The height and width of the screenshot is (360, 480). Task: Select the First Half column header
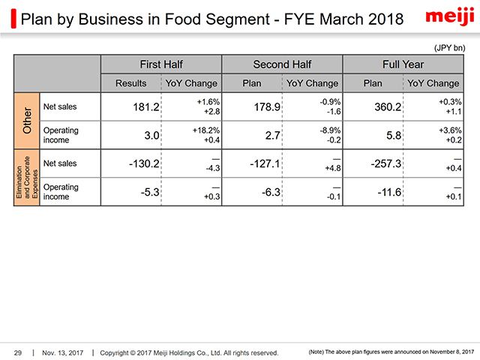(x=161, y=64)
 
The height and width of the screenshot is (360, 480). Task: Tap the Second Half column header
(x=282, y=64)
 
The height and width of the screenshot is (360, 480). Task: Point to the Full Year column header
(x=402, y=64)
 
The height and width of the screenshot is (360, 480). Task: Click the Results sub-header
(x=131, y=83)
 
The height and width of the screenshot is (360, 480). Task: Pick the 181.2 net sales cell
(x=145, y=107)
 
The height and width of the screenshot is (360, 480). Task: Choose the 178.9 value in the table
(x=267, y=107)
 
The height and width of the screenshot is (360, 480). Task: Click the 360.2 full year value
(x=388, y=107)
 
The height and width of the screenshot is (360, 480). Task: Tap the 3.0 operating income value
(x=151, y=136)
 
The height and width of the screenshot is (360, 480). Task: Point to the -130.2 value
(x=142, y=163)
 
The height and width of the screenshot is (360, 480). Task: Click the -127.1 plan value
(x=264, y=163)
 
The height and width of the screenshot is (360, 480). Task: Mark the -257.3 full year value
(x=385, y=163)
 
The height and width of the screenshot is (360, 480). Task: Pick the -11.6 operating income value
(x=388, y=192)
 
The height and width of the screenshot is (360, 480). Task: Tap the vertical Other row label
(x=26, y=121)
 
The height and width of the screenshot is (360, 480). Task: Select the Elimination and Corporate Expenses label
(x=26, y=178)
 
